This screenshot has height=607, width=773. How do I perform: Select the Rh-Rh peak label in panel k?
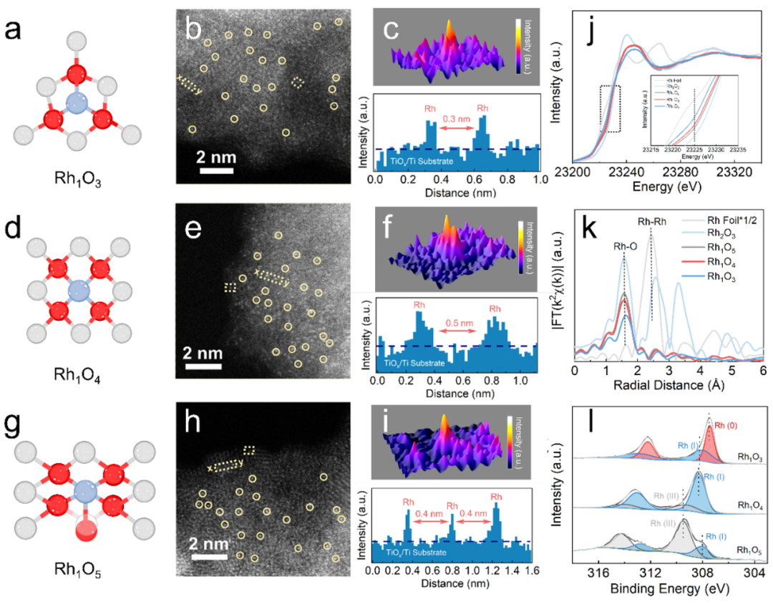point(651,221)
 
